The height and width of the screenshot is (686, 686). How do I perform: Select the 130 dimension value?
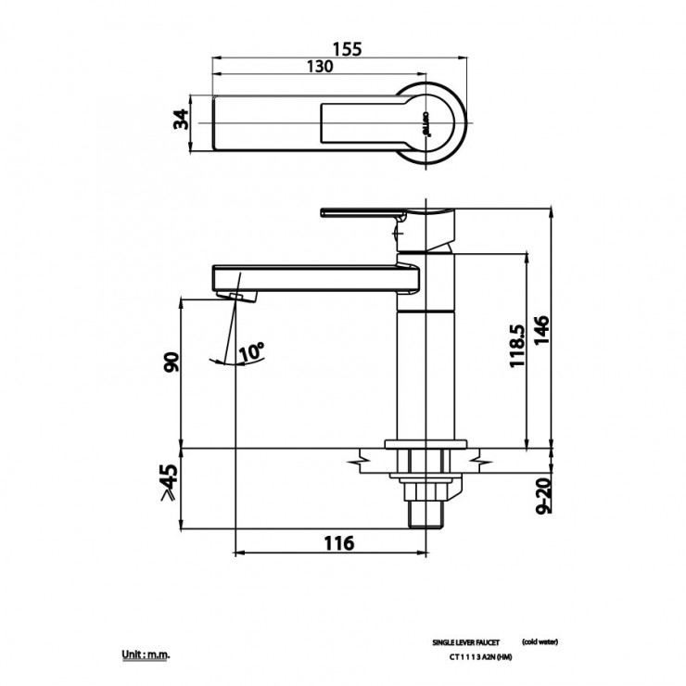320,67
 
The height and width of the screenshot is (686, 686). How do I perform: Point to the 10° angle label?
251,351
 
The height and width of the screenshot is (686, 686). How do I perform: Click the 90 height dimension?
171,362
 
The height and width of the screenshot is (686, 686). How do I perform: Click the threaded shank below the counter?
421,511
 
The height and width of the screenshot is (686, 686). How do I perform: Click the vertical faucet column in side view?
424,371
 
